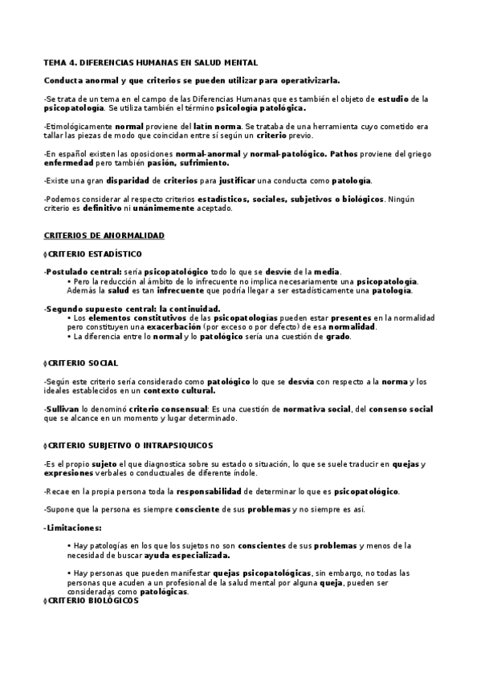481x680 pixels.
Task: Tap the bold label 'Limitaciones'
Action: click(72, 527)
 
